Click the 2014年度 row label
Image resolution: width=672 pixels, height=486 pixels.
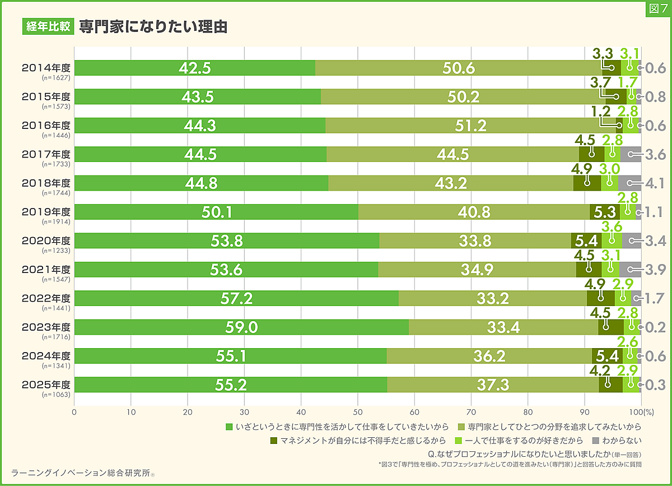[x=46, y=68]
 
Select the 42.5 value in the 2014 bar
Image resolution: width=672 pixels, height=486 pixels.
[x=195, y=68]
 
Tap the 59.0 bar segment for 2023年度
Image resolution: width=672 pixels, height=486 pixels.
[x=242, y=327]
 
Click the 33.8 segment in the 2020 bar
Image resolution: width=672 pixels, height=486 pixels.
[x=475, y=241]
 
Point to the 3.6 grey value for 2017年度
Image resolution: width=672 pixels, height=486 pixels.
[x=655, y=154]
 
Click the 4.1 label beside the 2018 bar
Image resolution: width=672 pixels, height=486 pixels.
[x=655, y=183]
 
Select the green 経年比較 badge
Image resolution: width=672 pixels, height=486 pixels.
[x=48, y=27]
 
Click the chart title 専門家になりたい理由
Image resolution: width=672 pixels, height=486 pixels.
[x=153, y=27]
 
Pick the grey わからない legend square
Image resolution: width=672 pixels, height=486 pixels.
[x=595, y=440]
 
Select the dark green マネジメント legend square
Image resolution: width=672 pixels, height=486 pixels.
[x=274, y=440]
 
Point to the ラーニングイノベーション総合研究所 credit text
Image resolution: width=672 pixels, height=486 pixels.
[x=81, y=473]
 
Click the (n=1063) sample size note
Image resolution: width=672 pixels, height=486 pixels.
[x=56, y=394]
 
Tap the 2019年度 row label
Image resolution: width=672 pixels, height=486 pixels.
[x=46, y=212]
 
